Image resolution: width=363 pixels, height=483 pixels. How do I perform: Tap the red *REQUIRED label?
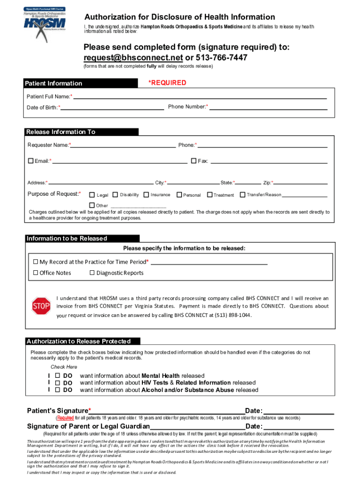click(x=167, y=83)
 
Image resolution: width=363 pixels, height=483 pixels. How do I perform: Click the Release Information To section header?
click(x=82, y=132)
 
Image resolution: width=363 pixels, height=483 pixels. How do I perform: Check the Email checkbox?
click(x=31, y=161)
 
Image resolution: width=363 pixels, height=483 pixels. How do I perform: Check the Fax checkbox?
click(x=193, y=161)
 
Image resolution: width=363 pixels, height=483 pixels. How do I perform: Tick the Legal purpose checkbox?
click(x=92, y=194)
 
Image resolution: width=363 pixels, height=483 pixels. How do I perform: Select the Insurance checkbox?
click(x=146, y=194)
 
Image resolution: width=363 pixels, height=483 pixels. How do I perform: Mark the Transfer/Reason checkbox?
click(x=243, y=194)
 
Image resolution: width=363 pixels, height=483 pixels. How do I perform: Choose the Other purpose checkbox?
click(x=92, y=205)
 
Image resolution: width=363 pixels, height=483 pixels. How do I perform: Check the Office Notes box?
click(x=36, y=273)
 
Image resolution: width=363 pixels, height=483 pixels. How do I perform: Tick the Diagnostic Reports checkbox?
click(x=92, y=273)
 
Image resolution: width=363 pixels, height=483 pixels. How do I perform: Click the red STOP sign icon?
click(x=41, y=306)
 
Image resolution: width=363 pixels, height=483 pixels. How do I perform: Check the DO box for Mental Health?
click(x=58, y=376)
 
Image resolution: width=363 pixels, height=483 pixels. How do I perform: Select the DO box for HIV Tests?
click(x=58, y=383)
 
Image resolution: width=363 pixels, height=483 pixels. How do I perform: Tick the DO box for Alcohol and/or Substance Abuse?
click(x=58, y=390)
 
